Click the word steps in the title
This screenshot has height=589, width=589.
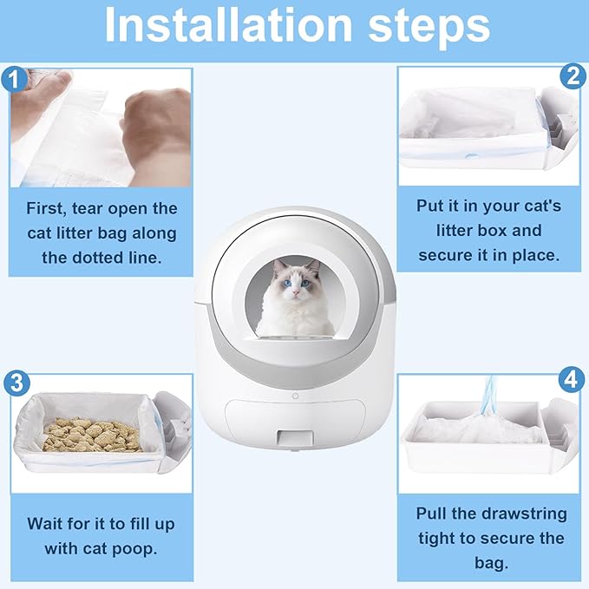pyautogui.click(x=429, y=28)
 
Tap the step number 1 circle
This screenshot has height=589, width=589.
pyautogui.click(x=14, y=79)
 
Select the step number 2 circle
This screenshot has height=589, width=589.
pyautogui.click(x=573, y=76)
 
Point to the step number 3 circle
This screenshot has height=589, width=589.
pyautogui.click(x=16, y=383)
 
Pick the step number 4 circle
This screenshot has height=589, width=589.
pyautogui.click(x=572, y=380)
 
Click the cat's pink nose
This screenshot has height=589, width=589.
pyautogui.click(x=297, y=291)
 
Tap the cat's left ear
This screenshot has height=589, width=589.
pyautogui.click(x=278, y=266)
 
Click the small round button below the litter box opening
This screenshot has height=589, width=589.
pyautogui.click(x=295, y=396)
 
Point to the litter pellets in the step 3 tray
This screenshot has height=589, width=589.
pyautogui.click(x=91, y=435)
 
